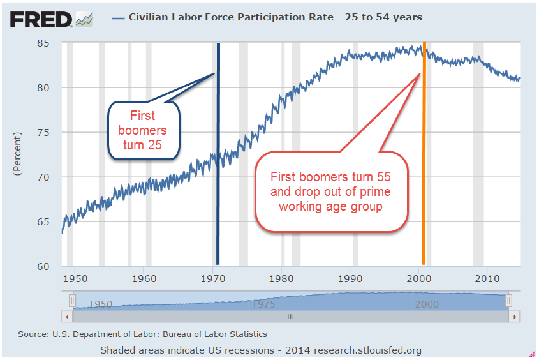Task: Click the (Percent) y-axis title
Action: pyautogui.click(x=17, y=154)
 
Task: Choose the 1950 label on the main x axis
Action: pyautogui.click(x=75, y=279)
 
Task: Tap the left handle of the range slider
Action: pyautogui.click(x=72, y=300)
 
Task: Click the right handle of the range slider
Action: pyautogui.click(x=508, y=300)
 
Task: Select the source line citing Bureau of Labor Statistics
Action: pyautogui.click(x=142, y=334)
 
